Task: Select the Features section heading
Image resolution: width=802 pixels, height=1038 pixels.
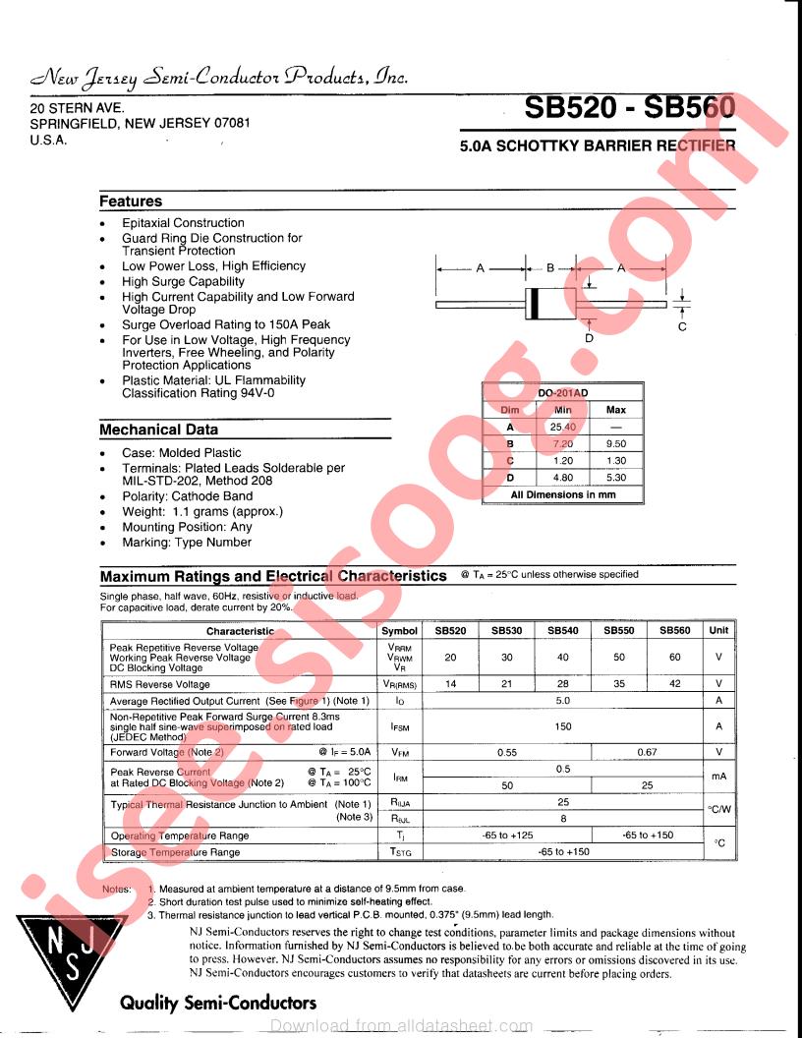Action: tap(131, 202)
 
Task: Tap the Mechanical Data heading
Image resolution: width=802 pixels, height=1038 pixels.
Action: tap(159, 430)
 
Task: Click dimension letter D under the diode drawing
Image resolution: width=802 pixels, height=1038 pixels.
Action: tap(589, 338)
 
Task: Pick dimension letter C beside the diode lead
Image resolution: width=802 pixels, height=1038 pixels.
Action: tap(682, 326)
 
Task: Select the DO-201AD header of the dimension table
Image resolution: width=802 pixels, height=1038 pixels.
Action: tap(562, 393)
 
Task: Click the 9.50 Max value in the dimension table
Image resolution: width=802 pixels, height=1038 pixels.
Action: tap(616, 443)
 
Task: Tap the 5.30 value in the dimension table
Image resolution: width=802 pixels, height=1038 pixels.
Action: tap(616, 478)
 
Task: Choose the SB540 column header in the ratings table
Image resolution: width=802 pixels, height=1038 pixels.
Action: tap(563, 631)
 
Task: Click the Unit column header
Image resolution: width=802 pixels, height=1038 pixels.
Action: tap(719, 631)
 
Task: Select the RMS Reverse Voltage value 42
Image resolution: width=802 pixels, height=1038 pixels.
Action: tap(675, 684)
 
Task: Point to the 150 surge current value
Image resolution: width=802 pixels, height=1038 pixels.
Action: tap(563, 727)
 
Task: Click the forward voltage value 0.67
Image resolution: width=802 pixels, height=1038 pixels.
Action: tap(647, 752)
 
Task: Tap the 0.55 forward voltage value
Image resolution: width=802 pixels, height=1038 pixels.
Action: tap(507, 752)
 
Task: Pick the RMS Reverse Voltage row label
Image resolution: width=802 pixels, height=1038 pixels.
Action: tap(159, 684)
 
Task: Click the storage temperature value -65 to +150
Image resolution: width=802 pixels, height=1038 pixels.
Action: tap(563, 852)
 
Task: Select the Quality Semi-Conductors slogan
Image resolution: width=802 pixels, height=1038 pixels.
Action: tap(218, 1003)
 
